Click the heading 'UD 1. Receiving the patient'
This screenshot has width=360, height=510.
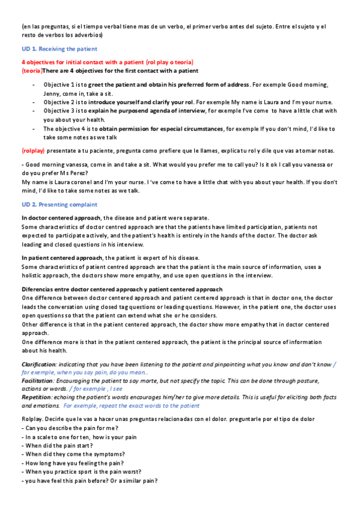(59, 49)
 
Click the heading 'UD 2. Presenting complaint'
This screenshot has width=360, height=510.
(59, 204)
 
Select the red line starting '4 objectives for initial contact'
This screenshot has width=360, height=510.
(107, 62)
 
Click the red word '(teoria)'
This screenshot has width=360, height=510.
(31, 71)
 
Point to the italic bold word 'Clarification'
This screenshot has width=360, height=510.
(39, 364)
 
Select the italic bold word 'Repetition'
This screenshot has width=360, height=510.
(37, 397)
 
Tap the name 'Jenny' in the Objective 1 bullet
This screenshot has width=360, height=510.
(52, 93)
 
